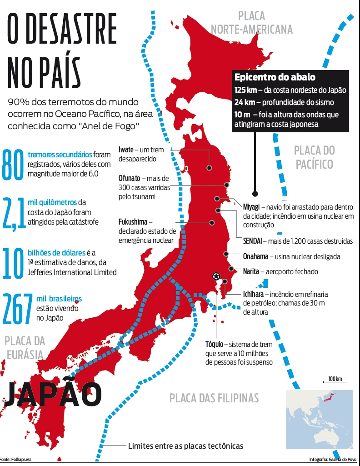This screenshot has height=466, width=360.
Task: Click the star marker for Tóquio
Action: point(216,276)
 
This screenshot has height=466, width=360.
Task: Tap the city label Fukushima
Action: point(133,222)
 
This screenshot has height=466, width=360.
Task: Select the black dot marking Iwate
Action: point(210,167)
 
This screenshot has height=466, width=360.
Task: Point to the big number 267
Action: point(17,309)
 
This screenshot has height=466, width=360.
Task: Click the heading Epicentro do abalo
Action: point(275,77)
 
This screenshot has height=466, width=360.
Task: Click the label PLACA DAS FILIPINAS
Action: point(214,398)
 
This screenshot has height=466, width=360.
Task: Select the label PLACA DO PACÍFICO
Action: point(314,157)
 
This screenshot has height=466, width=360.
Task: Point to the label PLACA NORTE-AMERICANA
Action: point(251,23)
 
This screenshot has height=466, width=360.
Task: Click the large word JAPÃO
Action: point(52,394)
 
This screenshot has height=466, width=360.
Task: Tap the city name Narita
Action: point(251,271)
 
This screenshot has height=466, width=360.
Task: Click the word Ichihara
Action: point(254,294)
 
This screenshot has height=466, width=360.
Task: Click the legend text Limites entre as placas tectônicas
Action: point(185,446)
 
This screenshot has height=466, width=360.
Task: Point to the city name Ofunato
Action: point(131,178)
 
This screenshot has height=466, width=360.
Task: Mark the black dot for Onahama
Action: point(225,254)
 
